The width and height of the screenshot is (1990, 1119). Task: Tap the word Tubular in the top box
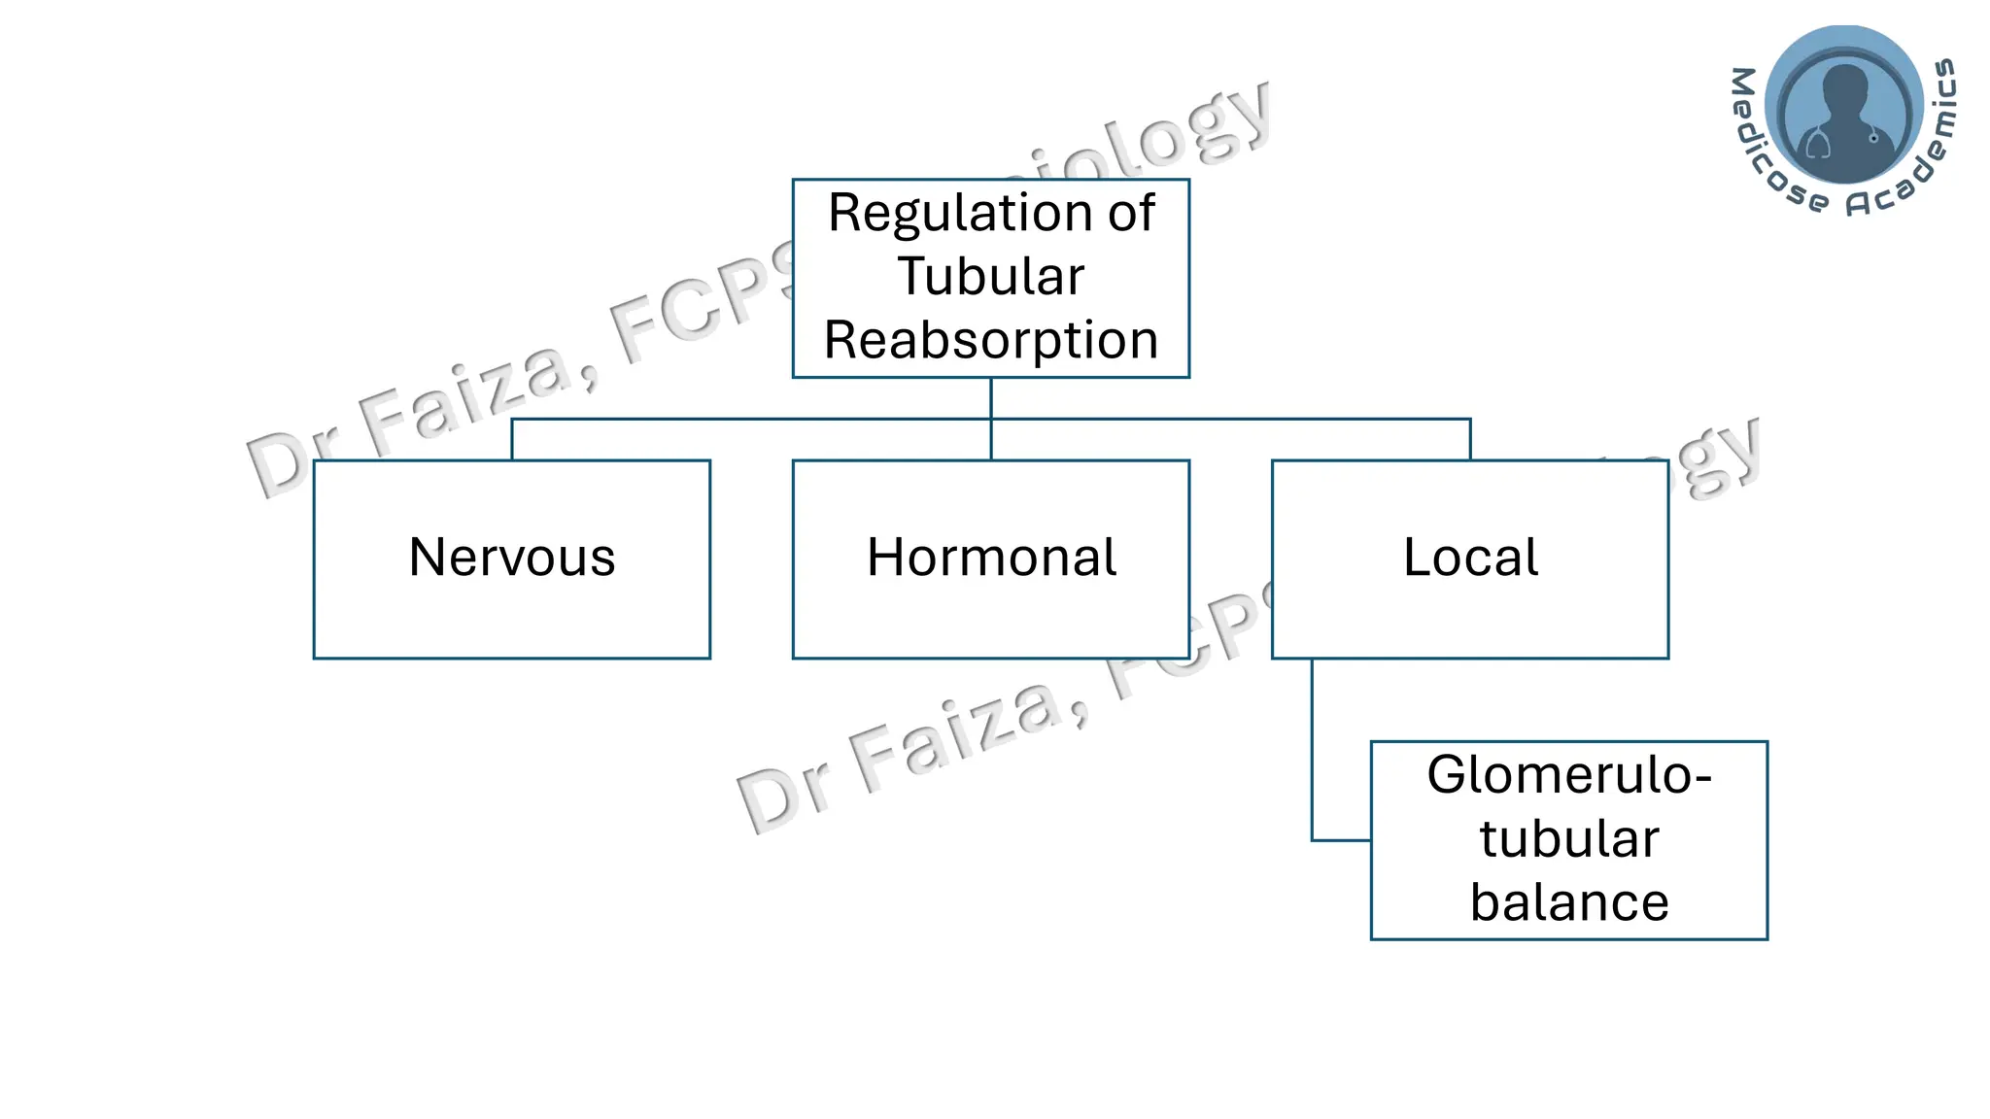pyautogui.click(x=990, y=277)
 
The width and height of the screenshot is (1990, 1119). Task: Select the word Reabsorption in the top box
pyautogui.click(x=990, y=341)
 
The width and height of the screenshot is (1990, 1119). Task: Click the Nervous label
pyautogui.click(x=512, y=558)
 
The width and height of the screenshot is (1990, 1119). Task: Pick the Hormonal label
pyautogui.click(x=991, y=558)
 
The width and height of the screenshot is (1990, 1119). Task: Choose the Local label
pyautogui.click(x=1470, y=558)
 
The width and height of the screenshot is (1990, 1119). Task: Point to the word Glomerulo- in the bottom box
pyautogui.click(x=1568, y=775)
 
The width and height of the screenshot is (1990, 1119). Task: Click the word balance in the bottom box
pyautogui.click(x=1568, y=902)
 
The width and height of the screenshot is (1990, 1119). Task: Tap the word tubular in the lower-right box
pyautogui.click(x=1568, y=839)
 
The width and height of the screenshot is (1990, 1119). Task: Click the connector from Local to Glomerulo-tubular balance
pyautogui.click(x=1313, y=758)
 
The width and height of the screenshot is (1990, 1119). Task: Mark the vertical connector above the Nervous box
pyautogui.click(x=512, y=439)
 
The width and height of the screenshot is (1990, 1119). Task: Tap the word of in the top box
pyautogui.click(x=1131, y=214)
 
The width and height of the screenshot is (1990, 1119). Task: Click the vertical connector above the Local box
pyautogui.click(x=1470, y=439)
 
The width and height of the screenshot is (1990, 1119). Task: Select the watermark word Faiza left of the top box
pyautogui.click(x=466, y=398)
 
